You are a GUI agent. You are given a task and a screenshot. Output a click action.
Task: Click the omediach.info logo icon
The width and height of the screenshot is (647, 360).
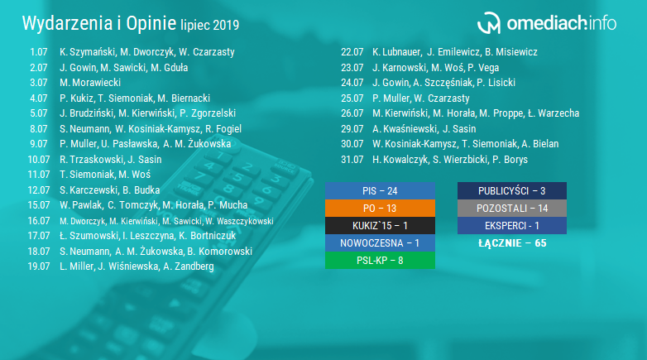[x=489, y=22]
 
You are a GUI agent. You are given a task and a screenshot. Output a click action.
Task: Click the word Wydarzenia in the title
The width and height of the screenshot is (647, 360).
[x=67, y=23]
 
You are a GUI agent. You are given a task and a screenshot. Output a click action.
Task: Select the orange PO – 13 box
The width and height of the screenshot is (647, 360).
[x=380, y=208]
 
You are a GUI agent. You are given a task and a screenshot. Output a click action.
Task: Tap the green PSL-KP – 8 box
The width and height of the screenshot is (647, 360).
[x=380, y=261]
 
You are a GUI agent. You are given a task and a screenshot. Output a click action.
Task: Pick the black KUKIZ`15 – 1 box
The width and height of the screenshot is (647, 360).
[x=380, y=225]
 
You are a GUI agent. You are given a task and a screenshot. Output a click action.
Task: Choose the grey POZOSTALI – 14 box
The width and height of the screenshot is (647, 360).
[x=512, y=208]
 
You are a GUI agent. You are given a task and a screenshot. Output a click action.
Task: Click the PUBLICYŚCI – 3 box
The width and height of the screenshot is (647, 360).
[x=512, y=190]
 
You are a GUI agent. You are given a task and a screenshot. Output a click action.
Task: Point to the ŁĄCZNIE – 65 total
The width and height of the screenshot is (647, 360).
[x=512, y=243]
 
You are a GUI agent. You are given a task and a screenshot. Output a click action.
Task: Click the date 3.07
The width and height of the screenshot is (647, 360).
[x=39, y=83]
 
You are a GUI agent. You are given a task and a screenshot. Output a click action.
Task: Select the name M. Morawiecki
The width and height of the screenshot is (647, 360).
[x=90, y=83]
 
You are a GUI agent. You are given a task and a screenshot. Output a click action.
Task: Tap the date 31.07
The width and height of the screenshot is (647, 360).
[x=352, y=160]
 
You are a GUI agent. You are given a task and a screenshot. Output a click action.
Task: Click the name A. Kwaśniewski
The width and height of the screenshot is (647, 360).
[x=405, y=129]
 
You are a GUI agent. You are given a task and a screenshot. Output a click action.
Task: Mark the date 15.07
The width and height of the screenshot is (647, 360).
[x=39, y=205]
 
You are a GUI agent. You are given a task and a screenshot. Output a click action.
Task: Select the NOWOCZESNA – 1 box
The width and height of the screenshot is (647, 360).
[x=380, y=243]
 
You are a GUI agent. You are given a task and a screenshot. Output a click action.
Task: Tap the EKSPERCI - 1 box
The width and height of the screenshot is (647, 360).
[x=512, y=225]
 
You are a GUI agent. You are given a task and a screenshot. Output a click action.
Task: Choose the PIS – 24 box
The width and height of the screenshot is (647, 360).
[x=380, y=190]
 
